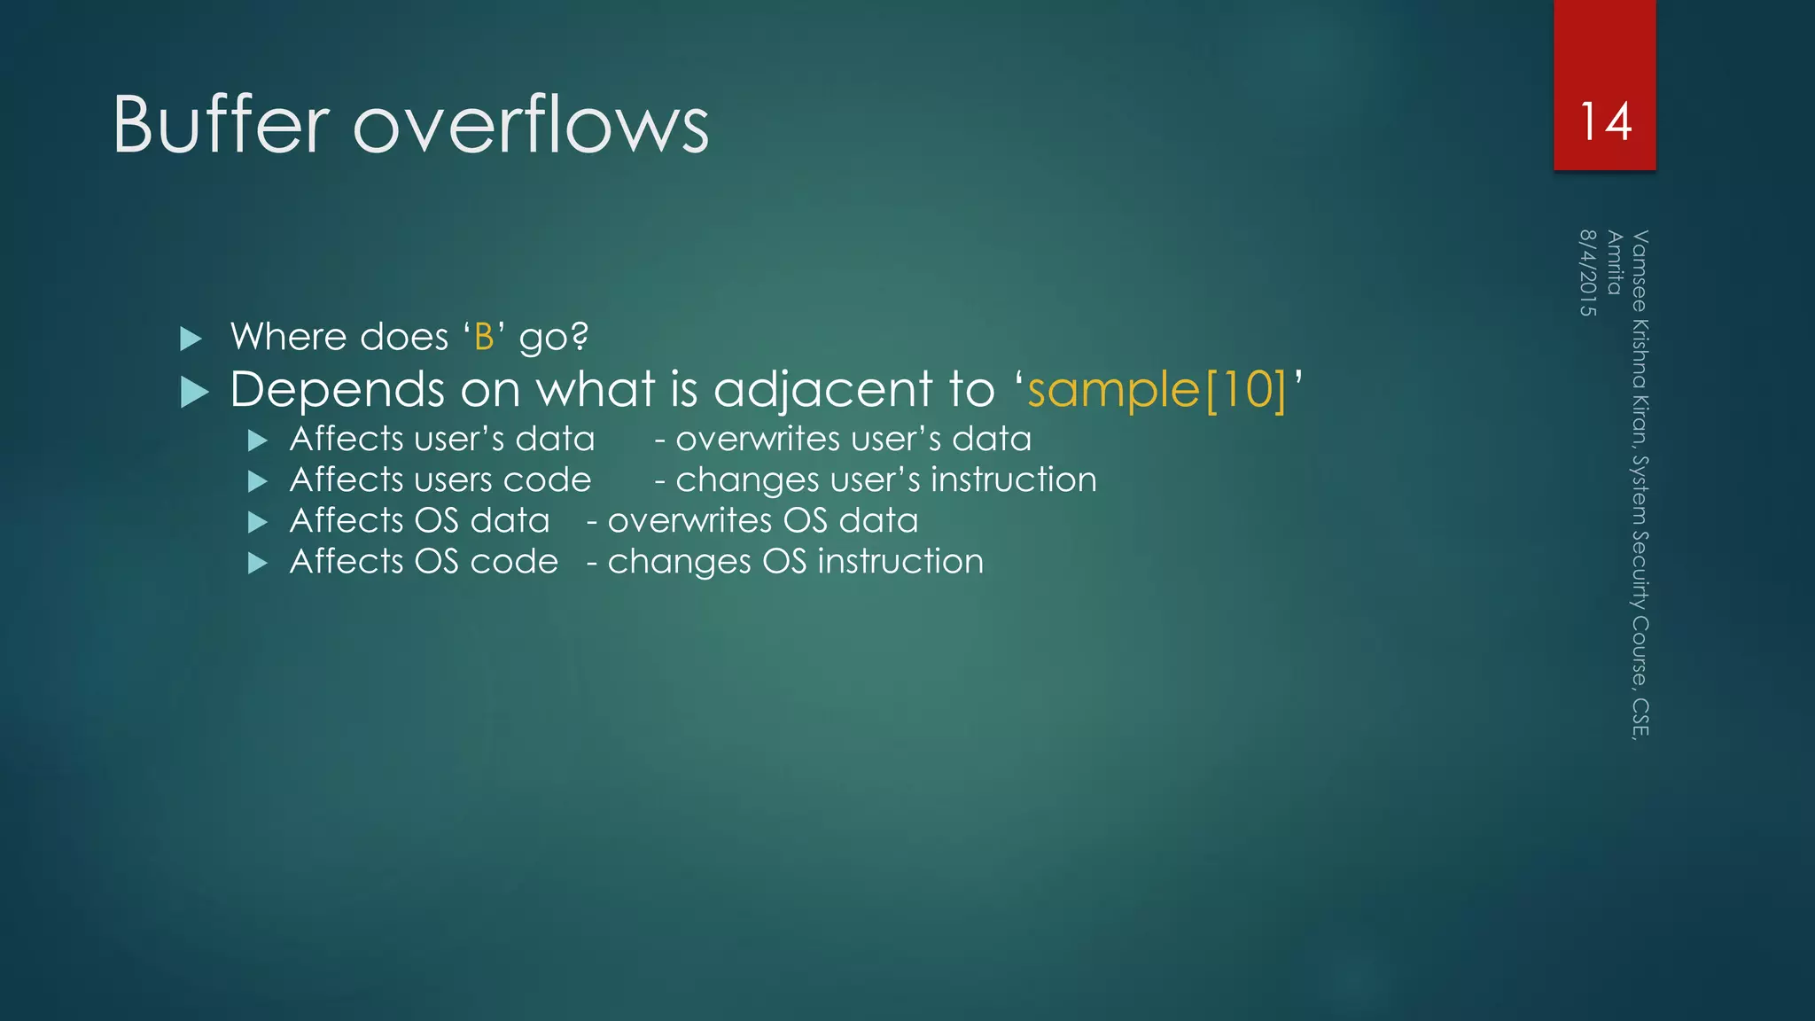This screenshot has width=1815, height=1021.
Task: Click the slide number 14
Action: tap(1605, 121)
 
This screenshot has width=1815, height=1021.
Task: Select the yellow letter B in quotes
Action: tap(484, 338)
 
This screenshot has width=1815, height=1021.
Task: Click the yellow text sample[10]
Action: tap(1157, 390)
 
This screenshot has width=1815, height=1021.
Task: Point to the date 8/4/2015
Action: tap(1587, 273)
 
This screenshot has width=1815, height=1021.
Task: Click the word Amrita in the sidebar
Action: tap(1614, 262)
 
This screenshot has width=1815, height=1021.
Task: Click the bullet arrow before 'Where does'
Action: tap(191, 339)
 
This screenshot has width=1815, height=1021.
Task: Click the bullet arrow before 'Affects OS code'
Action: tap(258, 563)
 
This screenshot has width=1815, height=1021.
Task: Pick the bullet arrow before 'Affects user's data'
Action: tap(258, 440)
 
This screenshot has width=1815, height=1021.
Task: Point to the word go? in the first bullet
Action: tap(553, 338)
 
